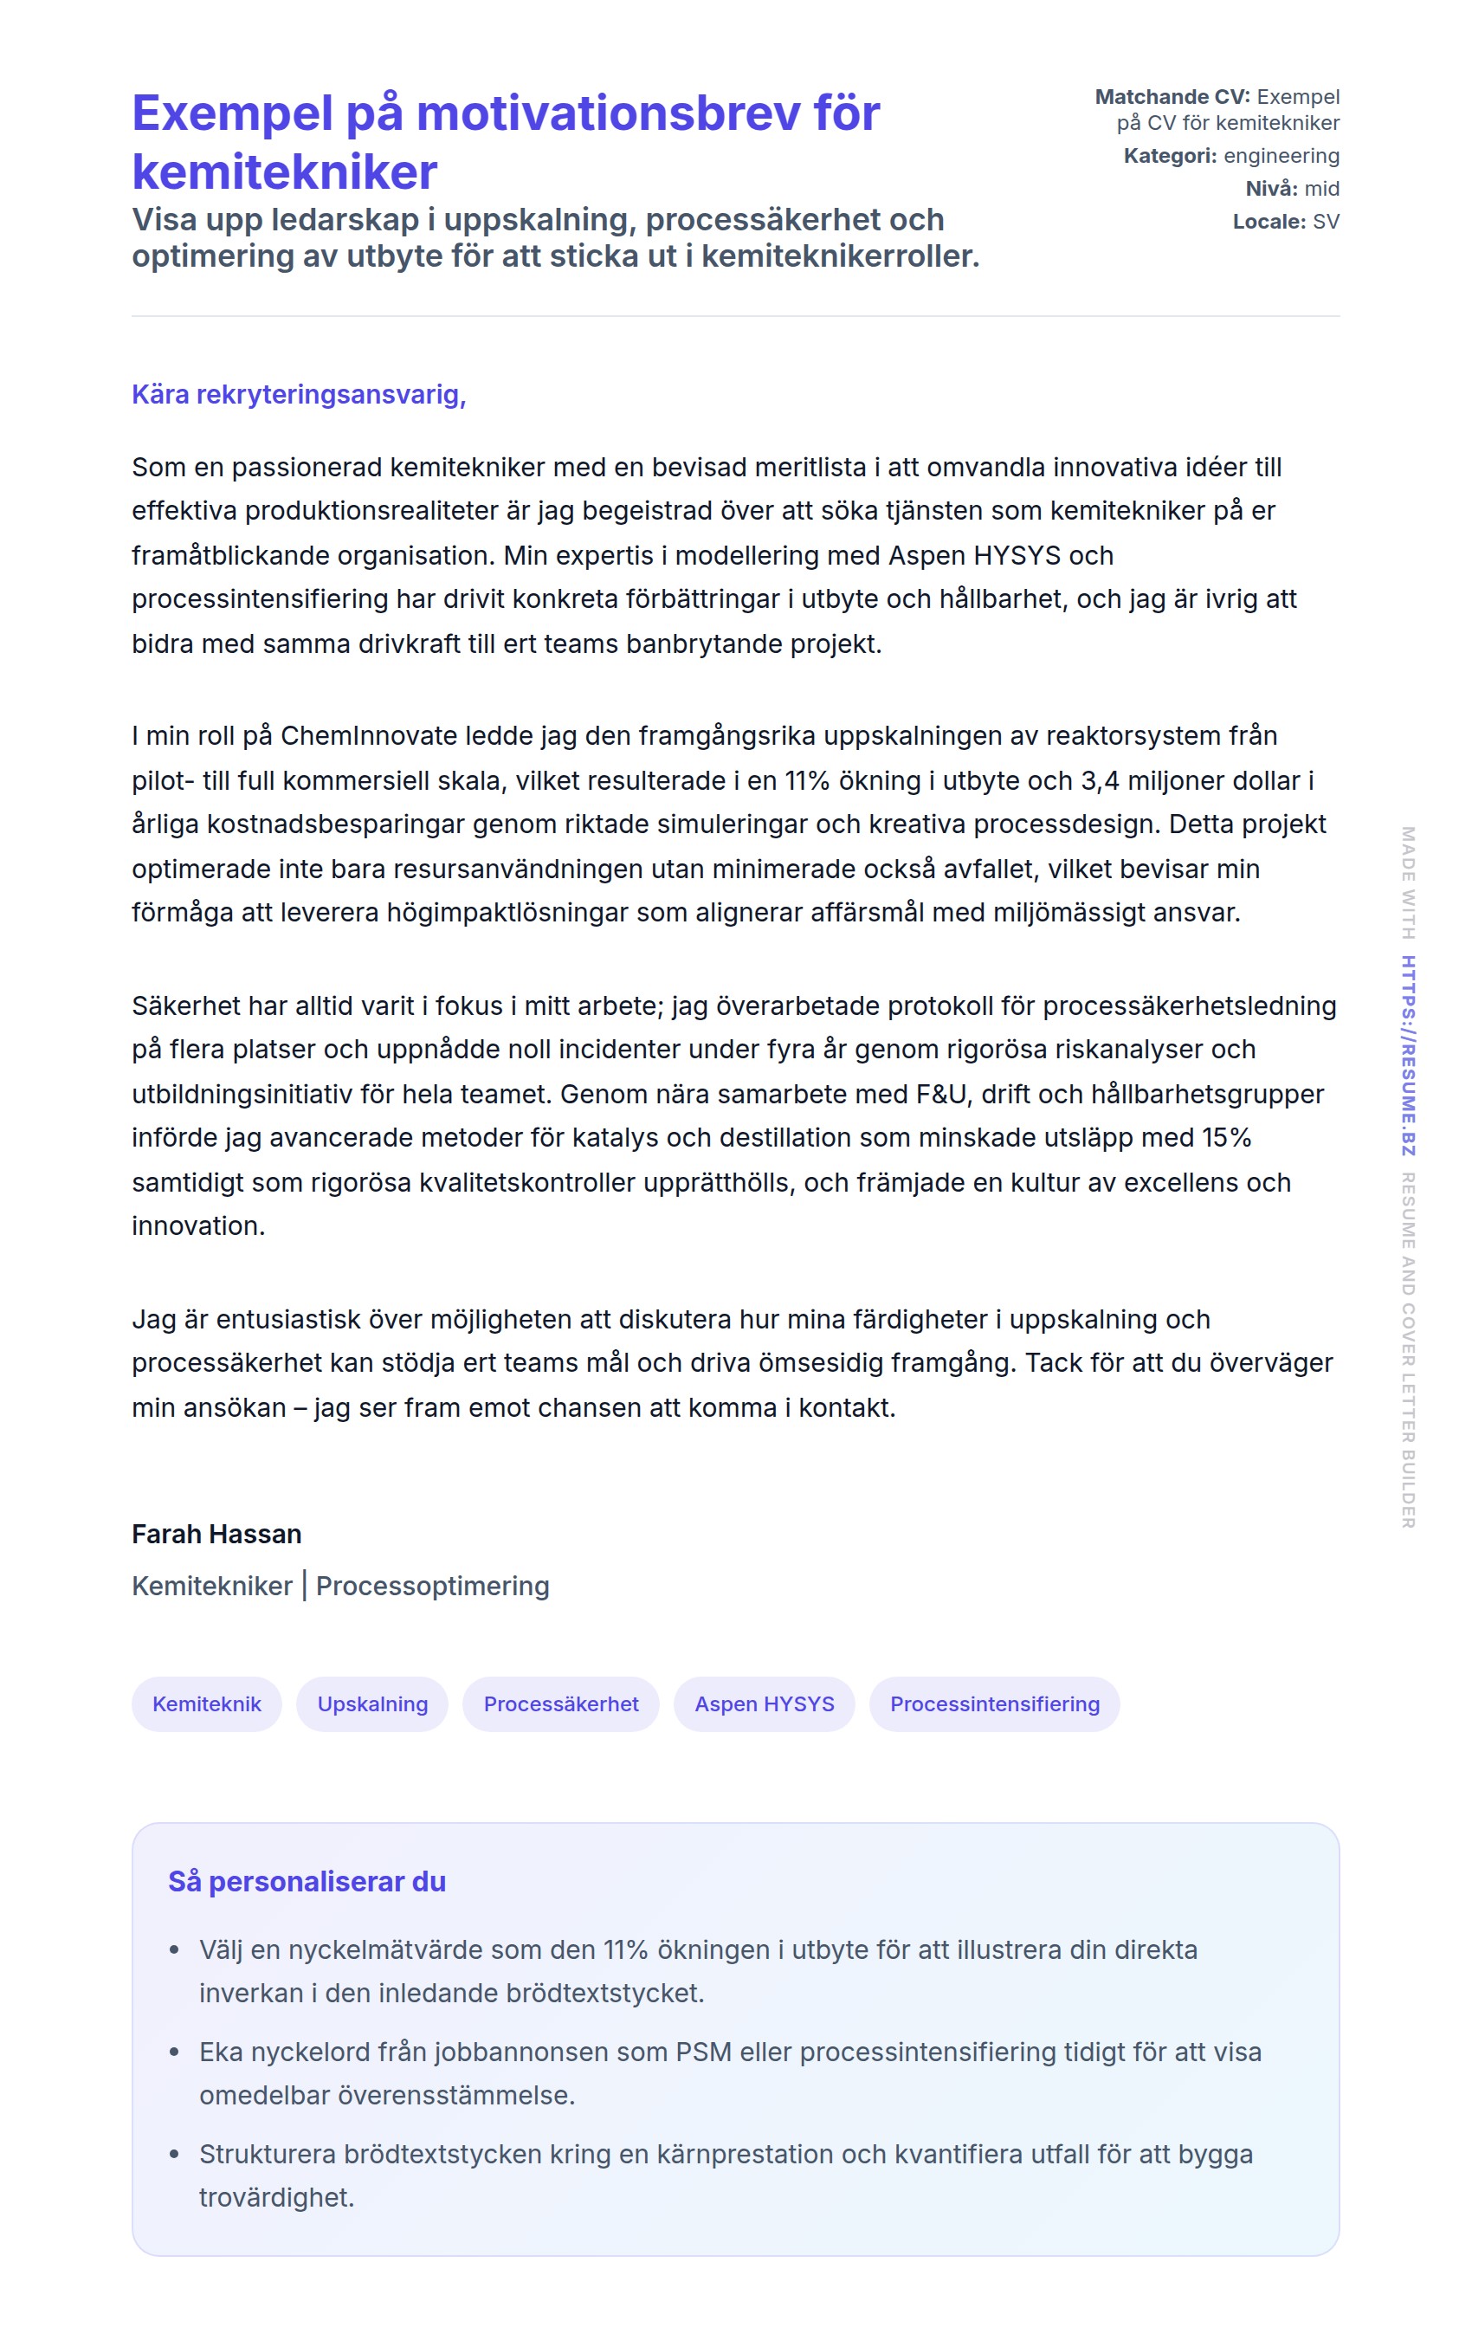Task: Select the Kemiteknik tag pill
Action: pyautogui.click(x=206, y=1703)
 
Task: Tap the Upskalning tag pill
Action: pyautogui.click(x=372, y=1703)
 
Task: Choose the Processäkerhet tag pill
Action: pyautogui.click(x=560, y=1703)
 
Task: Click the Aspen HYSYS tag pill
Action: pyautogui.click(x=764, y=1703)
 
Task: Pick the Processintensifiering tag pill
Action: pyautogui.click(x=994, y=1703)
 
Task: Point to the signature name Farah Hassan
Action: pyautogui.click(x=216, y=1534)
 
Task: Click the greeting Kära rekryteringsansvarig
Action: pyautogui.click(x=298, y=395)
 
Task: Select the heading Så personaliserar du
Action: pyautogui.click(x=307, y=1881)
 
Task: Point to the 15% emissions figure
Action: pyautogui.click(x=1226, y=1137)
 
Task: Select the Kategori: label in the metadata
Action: pyautogui.click(x=1169, y=156)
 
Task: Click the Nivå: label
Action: pyautogui.click(x=1274, y=189)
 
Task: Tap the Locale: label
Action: pyautogui.click(x=1268, y=222)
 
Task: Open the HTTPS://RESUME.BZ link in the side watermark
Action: pyautogui.click(x=1408, y=1056)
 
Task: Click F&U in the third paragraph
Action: pyautogui.click(x=941, y=1094)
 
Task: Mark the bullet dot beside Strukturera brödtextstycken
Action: pyautogui.click(x=174, y=2155)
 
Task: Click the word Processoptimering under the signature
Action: pyautogui.click(x=432, y=1586)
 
